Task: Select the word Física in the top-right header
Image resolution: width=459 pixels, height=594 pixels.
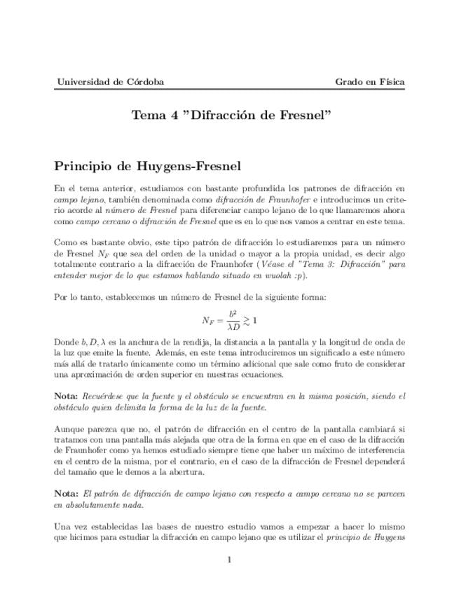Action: click(390, 82)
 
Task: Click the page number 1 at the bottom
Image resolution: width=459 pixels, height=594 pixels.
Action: click(229, 559)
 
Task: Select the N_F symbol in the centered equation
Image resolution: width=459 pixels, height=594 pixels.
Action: click(208, 321)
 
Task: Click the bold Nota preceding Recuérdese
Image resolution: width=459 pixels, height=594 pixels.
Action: click(67, 396)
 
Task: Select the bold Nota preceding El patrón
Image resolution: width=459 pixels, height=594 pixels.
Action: click(67, 494)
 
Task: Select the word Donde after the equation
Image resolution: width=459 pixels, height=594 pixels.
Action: click(65, 343)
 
